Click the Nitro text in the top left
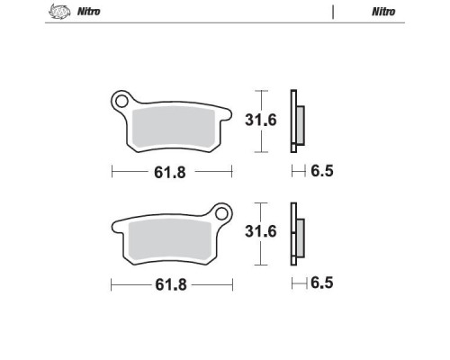point(89,12)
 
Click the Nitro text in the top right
point(383,12)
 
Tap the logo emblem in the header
point(59,12)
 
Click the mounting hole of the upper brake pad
point(121,101)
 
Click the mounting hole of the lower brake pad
point(221,214)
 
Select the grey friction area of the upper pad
point(174,128)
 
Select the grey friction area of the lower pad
point(170,240)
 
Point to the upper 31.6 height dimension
point(260,120)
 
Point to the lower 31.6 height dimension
point(260,231)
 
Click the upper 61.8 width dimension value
point(170,173)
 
